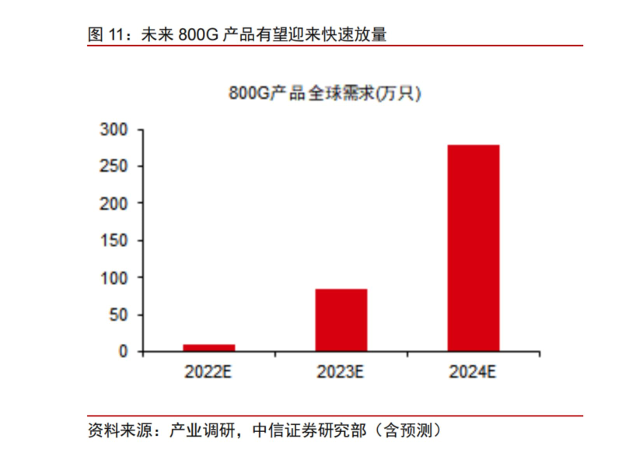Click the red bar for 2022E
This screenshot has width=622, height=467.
pyautogui.click(x=208, y=347)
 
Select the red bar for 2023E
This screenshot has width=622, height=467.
pyautogui.click(x=341, y=320)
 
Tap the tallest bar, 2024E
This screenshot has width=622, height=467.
pyautogui.click(x=473, y=248)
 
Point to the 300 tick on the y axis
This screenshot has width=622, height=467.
pyautogui.click(x=113, y=129)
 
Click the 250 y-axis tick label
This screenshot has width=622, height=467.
pyautogui.click(x=113, y=167)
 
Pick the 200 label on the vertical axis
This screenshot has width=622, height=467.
pyautogui.click(x=113, y=203)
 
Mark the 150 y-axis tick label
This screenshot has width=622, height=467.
pyautogui.click(x=113, y=241)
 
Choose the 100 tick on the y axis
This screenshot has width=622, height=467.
pyautogui.click(x=113, y=277)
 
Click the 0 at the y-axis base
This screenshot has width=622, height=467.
pyautogui.click(x=122, y=351)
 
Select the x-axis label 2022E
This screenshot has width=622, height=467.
pyautogui.click(x=208, y=371)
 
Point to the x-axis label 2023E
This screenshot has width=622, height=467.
pyautogui.click(x=341, y=371)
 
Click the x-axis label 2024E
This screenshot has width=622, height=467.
pyautogui.click(x=473, y=371)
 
